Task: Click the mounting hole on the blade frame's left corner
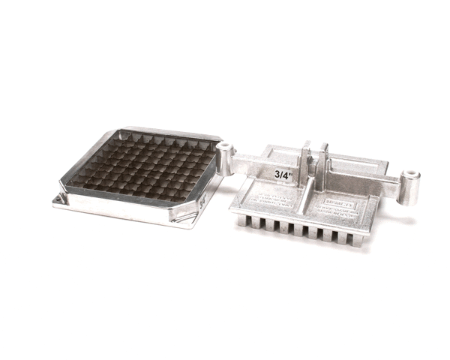click(x=57, y=199)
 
